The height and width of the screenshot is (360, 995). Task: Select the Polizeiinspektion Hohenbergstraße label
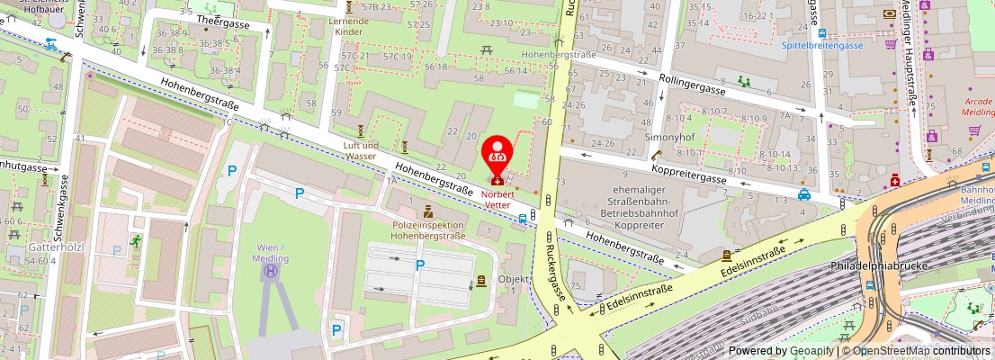tap(428, 230)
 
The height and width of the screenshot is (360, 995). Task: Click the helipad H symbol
tap(271, 269)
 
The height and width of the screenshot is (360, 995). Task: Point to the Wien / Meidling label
tap(270, 253)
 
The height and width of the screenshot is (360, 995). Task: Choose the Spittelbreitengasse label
tap(822, 44)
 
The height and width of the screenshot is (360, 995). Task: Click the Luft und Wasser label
tap(360, 150)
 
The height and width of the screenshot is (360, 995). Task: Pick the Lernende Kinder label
tap(348, 26)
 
